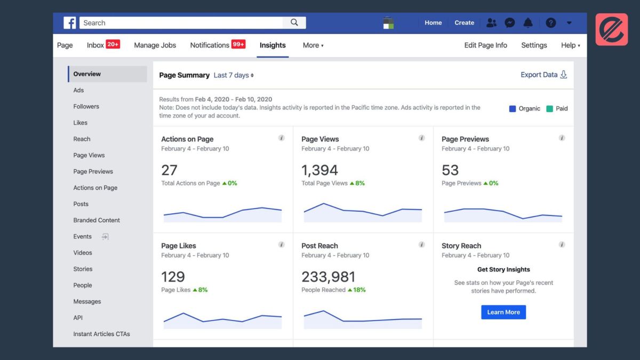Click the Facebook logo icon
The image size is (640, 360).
tap(70, 23)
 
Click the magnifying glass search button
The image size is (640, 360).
tap(294, 22)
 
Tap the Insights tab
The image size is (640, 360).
tap(273, 45)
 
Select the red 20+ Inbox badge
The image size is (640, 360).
tap(113, 44)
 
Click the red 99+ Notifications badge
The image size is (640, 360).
tap(238, 44)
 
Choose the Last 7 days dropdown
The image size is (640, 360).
tap(234, 75)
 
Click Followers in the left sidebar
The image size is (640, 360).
tap(86, 107)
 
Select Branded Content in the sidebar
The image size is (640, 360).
tap(97, 220)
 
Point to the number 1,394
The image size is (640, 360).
tap(319, 170)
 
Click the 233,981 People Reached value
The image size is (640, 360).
tap(328, 277)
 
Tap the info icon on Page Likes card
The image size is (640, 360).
tap(282, 245)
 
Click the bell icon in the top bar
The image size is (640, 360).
tap(528, 23)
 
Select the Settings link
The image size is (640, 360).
tap(534, 45)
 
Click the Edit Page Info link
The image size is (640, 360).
tap(485, 45)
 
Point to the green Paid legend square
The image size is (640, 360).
tap(549, 109)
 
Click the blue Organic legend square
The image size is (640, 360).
tap(513, 109)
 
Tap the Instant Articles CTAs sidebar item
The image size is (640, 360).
tap(101, 334)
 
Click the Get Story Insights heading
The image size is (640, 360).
tap(503, 270)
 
